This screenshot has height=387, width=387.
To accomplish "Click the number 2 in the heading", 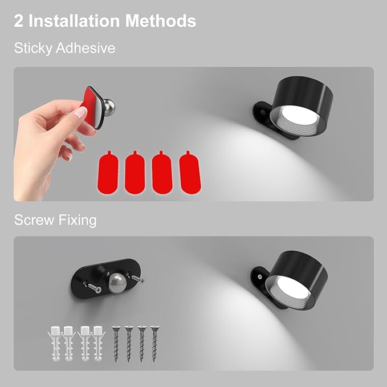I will coord(19,21).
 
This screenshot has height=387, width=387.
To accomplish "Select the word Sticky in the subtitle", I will coord(32,48).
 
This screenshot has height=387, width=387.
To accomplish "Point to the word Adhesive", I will coord(85,48).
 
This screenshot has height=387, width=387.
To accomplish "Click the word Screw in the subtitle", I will coord(34,220).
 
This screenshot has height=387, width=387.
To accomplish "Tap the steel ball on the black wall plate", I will coord(117,284).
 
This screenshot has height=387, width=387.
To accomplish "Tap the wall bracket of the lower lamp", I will coord(259,279).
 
